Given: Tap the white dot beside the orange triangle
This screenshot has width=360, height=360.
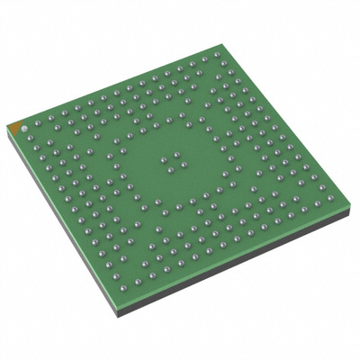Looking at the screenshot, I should coord(24,127).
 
